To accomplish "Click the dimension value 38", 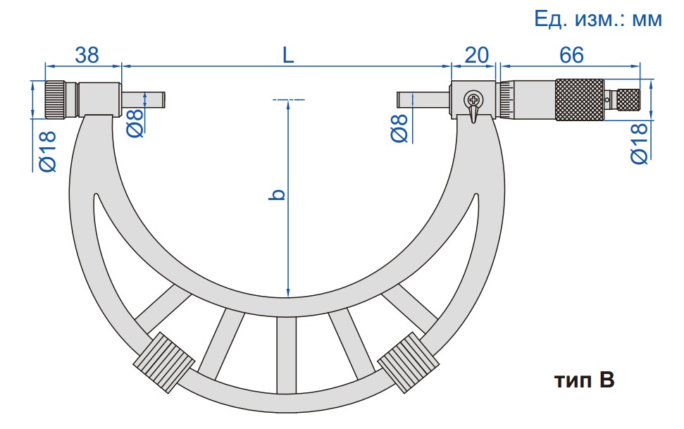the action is point(87,55).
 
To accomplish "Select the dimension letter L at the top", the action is point(288,55).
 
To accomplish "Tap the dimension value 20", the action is point(476,55).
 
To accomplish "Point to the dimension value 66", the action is point(571,55).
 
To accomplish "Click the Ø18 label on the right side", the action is point(639,143).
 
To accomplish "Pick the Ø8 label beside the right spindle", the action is point(399,128).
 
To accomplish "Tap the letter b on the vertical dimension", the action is point(278,194).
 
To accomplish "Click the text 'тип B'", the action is point(585,380).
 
